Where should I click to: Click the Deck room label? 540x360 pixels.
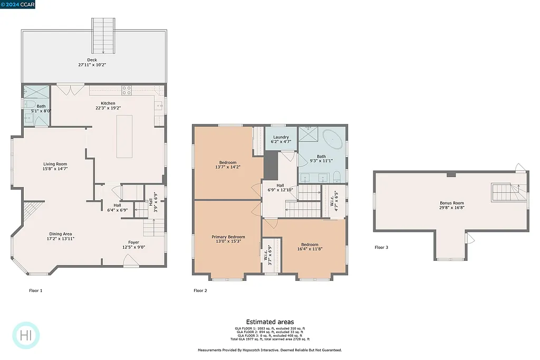pos(92,60)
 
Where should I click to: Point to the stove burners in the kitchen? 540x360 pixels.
pos(127,90)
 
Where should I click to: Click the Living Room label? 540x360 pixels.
pos(55,164)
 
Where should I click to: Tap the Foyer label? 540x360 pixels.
pos(133,242)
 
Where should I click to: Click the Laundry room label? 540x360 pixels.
pos(281,137)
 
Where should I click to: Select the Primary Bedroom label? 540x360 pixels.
pos(228,237)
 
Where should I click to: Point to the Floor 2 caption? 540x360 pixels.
pos(200,290)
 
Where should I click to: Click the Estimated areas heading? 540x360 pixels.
pos(270,322)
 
